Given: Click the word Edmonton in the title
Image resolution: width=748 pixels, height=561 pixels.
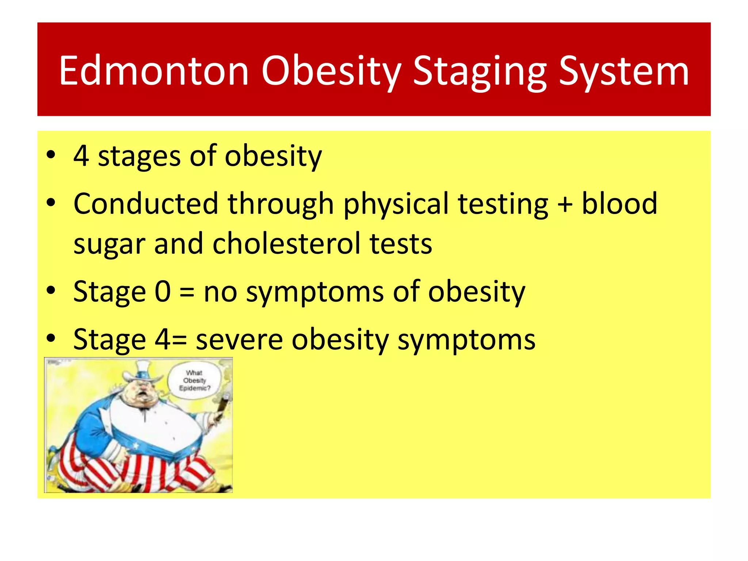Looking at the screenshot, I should click(x=153, y=71).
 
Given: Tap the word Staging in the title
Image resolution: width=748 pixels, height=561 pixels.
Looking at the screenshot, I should click(x=480, y=71).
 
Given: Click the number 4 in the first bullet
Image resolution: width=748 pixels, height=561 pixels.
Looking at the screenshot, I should click(x=81, y=156).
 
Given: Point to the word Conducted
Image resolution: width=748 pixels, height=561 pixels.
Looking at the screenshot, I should click(x=146, y=204).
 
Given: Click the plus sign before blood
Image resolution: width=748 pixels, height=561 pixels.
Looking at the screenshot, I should click(x=565, y=205).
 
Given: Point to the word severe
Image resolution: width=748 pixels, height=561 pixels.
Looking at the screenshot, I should click(x=239, y=340).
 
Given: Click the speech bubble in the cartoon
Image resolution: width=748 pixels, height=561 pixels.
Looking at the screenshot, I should click(x=194, y=381).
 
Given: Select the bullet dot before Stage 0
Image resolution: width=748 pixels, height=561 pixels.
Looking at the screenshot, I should click(x=51, y=290).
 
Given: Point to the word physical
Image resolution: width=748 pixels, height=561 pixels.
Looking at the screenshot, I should click(x=396, y=205).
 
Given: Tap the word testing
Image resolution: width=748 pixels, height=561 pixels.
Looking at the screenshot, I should click(x=503, y=205).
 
